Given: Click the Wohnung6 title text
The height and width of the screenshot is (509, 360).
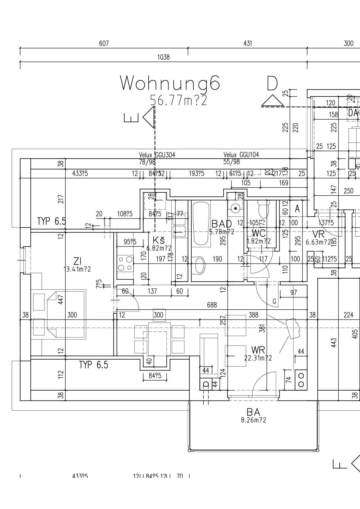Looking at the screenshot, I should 170,83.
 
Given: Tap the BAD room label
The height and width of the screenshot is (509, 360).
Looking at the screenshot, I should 222,224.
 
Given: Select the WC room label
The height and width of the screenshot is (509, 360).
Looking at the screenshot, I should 258,233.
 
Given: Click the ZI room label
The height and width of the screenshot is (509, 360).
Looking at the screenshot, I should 77,261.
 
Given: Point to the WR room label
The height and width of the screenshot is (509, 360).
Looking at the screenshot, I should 258,350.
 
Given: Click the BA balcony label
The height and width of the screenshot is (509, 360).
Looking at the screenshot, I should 253,412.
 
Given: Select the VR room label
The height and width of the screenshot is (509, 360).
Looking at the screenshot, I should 318,234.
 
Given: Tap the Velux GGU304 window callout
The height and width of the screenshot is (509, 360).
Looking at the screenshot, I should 157,155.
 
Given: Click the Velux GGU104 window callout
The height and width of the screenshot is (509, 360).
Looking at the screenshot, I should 241,155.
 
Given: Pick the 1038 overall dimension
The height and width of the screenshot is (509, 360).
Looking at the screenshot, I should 163,57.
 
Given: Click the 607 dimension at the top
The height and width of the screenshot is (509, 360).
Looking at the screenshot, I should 104,44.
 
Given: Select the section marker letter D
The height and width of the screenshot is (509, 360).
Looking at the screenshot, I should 272,84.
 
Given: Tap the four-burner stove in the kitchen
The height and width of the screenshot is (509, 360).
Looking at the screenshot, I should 125,263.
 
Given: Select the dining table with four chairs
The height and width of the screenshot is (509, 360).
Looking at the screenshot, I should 159,339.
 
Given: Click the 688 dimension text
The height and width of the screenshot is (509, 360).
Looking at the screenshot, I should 212,305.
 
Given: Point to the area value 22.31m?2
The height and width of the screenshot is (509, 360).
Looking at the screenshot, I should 258,358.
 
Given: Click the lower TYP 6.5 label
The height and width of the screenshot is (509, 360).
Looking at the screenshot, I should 93,365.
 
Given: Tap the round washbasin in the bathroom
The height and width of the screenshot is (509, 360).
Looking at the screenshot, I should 236,208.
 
